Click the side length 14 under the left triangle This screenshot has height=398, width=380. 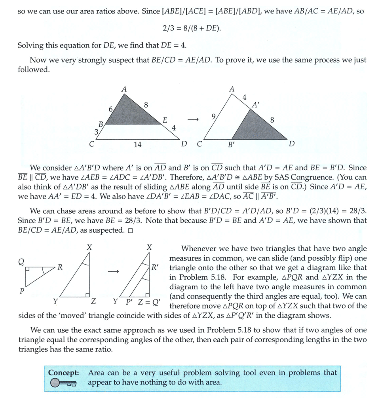pos(137,145)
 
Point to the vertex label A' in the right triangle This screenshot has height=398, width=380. pos(256,106)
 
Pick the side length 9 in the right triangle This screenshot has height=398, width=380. pos(214,116)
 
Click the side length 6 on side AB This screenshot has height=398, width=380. pos(111,109)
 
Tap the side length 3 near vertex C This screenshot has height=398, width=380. pos(96,132)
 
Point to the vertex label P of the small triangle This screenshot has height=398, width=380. pos(22,291)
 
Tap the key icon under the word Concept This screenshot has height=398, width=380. pos(63,383)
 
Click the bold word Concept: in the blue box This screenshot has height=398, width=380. pos(64,373)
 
